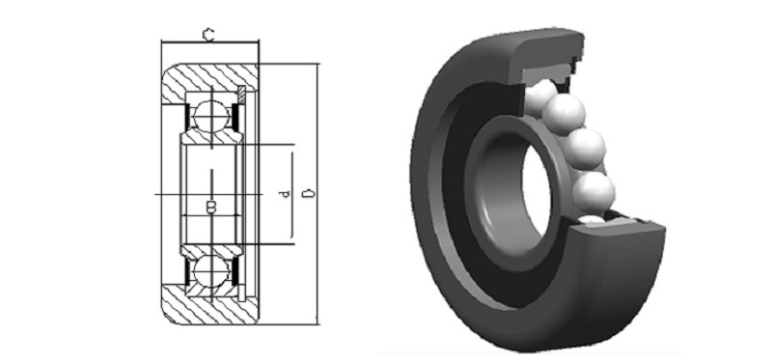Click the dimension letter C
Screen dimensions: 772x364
[x=208, y=35]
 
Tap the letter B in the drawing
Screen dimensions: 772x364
[x=211, y=208]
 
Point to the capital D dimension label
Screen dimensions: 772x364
[x=308, y=193]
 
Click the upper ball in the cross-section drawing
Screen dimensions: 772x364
[x=211, y=116]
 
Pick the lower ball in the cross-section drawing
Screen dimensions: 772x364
[x=211, y=271]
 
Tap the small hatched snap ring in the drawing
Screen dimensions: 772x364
[x=242, y=94]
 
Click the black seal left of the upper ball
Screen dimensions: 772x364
[x=187, y=116]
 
